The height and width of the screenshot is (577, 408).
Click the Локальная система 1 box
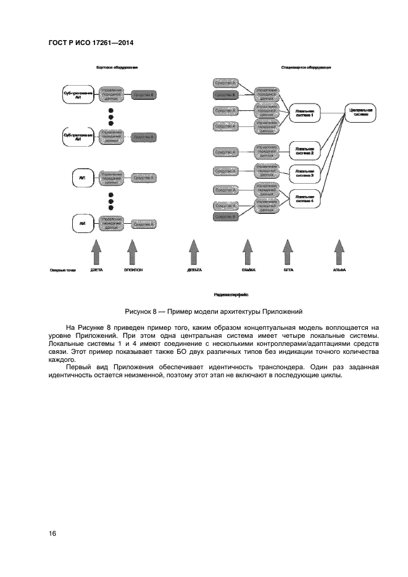pos(304,113)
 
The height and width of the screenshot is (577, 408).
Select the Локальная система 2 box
pos(304,150)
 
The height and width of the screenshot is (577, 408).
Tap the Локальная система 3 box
pos(304,174)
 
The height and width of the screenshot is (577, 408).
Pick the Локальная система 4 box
pos(304,198)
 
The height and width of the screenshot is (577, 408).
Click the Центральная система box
pos(359,112)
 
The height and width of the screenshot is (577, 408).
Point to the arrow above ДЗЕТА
pos(96,253)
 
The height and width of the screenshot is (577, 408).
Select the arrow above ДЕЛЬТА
pos(194,253)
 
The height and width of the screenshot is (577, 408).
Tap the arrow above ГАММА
pos(248,253)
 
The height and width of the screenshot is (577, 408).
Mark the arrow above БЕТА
pos(287,253)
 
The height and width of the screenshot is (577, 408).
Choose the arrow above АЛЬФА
pos(339,253)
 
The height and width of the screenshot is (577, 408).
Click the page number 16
pos(52,533)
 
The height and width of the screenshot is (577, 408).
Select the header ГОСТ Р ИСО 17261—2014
pos(91,43)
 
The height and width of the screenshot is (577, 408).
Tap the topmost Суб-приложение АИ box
pos(78,94)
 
